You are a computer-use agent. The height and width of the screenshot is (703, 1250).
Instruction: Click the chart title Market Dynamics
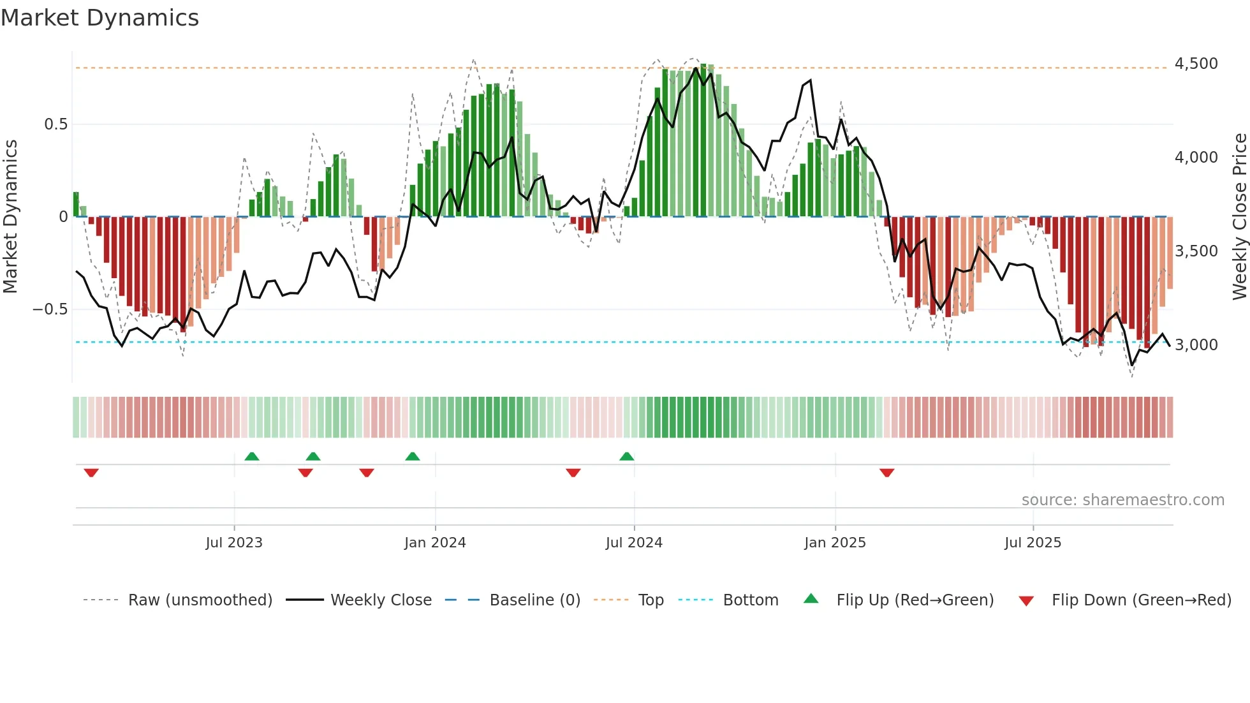[99, 18]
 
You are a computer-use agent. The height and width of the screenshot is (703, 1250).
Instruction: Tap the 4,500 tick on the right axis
[1196, 64]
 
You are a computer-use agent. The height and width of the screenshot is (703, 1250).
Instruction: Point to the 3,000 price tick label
[1196, 345]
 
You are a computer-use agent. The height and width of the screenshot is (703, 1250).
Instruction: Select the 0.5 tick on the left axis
[55, 124]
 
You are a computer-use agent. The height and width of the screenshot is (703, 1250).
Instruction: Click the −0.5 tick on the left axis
[50, 309]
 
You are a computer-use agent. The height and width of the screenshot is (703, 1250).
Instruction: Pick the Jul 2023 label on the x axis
[234, 543]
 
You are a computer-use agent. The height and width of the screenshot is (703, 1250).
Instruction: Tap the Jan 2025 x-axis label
[835, 543]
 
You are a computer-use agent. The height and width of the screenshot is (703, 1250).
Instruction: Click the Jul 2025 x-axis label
[1033, 543]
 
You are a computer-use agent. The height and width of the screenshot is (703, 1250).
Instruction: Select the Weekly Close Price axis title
[1239, 217]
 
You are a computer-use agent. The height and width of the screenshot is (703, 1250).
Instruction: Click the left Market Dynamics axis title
[10, 217]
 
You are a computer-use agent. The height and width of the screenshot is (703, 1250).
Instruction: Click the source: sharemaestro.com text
[1122, 500]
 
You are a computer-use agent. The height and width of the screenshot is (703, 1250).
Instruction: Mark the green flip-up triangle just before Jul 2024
[627, 457]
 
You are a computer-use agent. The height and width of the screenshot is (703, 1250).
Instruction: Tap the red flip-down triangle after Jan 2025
[886, 473]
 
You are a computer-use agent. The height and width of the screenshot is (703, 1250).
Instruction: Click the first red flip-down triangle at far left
[91, 473]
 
